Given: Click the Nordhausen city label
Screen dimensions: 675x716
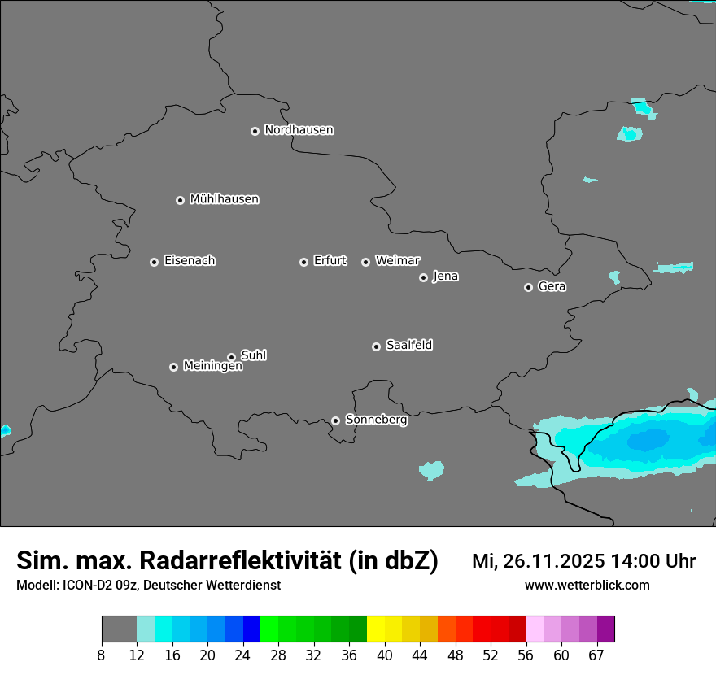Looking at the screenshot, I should [x=299, y=130].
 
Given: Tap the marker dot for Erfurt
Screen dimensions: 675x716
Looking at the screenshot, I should [x=303, y=262].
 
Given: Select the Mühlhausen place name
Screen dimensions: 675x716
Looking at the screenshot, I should [x=224, y=199].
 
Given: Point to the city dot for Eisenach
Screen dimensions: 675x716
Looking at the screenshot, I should [x=154, y=262].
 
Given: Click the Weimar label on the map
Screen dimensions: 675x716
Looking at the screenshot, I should [x=397, y=261].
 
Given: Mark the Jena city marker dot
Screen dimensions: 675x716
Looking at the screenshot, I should [x=423, y=277].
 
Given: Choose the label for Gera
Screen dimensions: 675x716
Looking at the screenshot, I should [x=552, y=287].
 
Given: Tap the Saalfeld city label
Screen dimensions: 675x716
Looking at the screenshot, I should [x=408, y=346].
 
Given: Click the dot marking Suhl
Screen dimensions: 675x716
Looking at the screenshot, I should [x=231, y=357].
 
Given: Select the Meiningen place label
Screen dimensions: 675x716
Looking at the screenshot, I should [x=212, y=367].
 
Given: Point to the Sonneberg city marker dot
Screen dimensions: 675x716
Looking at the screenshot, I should [x=335, y=420].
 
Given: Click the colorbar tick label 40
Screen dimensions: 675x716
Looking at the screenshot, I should [x=384, y=655].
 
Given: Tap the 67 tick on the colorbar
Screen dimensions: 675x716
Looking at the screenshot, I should [x=596, y=655].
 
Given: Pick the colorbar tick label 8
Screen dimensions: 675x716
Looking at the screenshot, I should [x=102, y=655].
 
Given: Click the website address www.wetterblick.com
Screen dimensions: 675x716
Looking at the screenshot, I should [x=587, y=586].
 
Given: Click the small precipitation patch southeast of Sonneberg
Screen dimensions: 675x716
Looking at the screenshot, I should [x=431, y=470].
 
